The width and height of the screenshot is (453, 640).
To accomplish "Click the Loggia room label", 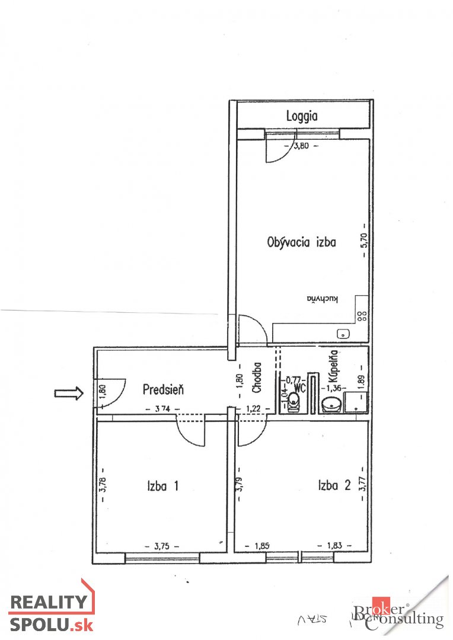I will (301, 116).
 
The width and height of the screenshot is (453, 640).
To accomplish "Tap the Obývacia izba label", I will (302, 242).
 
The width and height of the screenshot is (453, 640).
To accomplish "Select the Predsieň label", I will (164, 389).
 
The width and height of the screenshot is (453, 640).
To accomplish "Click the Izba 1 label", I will (162, 486).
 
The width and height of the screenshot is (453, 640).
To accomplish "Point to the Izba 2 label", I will (334, 486).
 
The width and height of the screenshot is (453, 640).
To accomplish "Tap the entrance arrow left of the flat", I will (68, 393).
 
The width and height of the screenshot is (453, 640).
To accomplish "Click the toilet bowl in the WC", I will (294, 404).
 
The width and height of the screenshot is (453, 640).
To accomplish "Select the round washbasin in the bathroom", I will (331, 405).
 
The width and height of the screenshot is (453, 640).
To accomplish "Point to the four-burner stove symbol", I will (362, 315).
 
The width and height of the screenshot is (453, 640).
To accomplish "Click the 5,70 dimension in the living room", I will (365, 243).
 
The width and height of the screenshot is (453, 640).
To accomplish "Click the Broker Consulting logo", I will (397, 616).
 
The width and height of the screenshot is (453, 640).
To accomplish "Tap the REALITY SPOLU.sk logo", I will (50, 610).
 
